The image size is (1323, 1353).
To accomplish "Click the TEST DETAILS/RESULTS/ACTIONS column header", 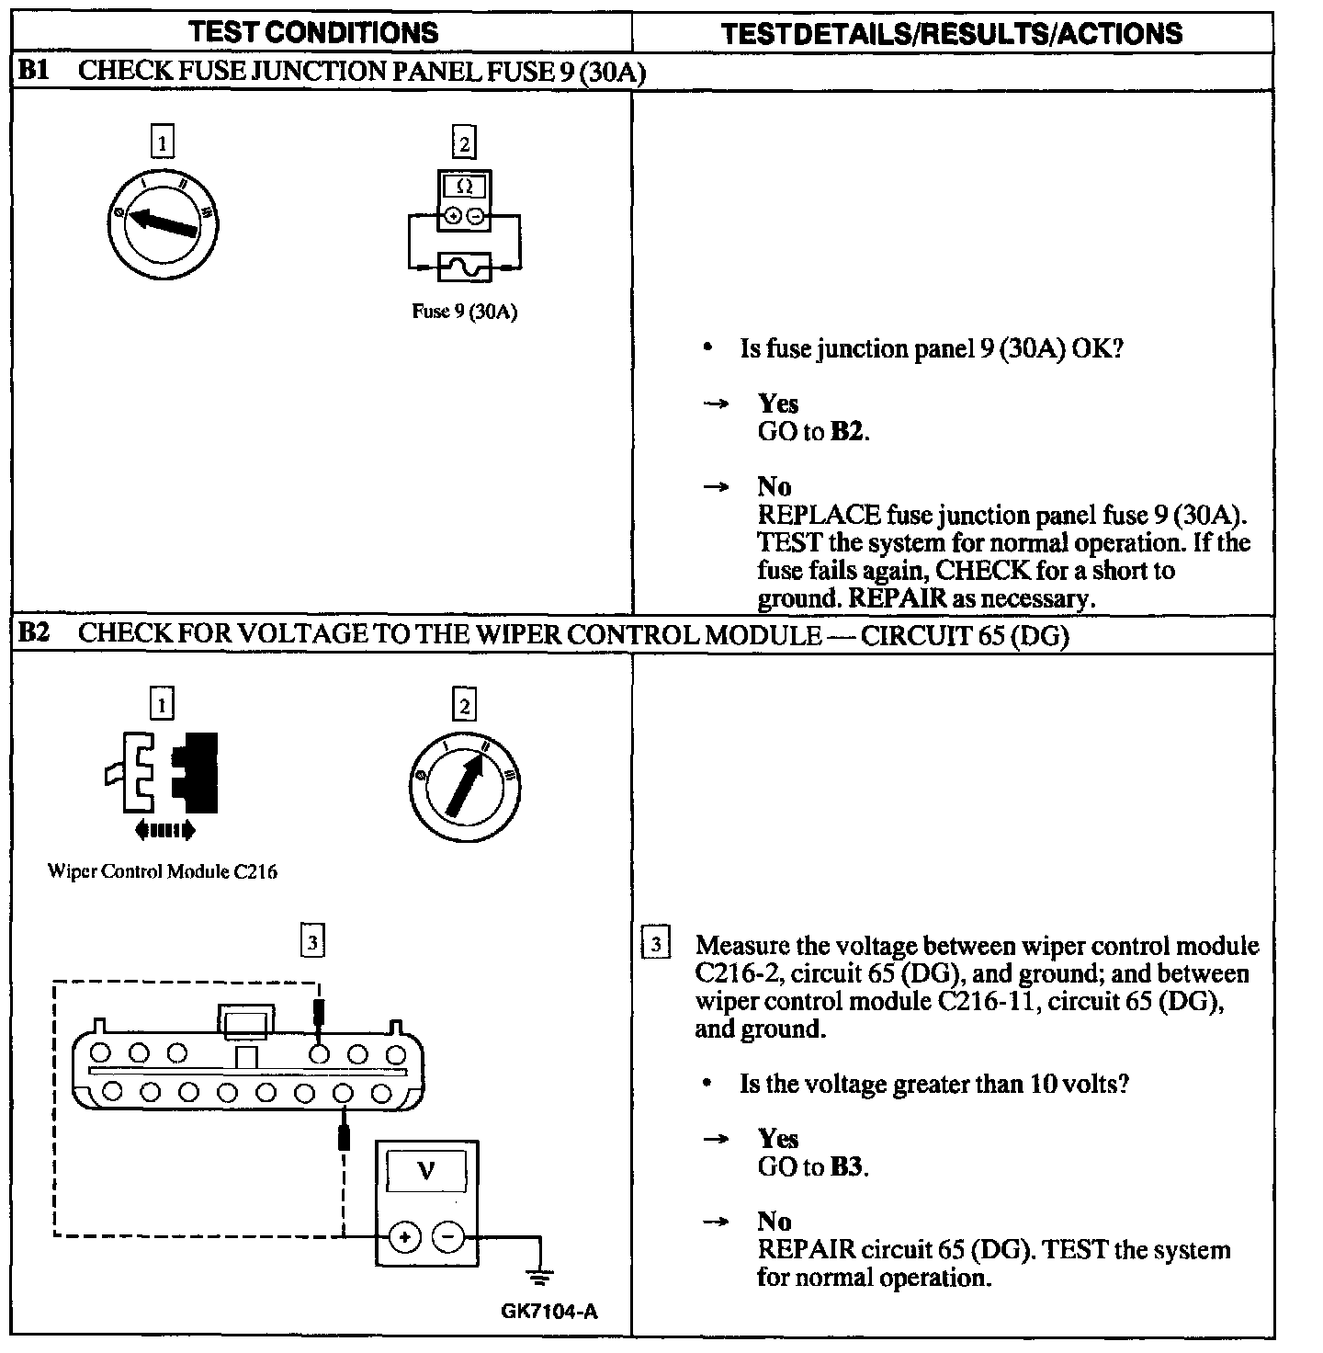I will pyautogui.click(x=952, y=34).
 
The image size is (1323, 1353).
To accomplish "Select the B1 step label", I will pyautogui.click(x=34, y=72).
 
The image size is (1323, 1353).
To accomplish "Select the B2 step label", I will pyautogui.click(x=34, y=633).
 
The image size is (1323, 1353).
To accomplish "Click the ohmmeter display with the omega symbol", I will pyautogui.click(x=465, y=187).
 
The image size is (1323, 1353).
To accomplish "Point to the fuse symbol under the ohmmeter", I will pyautogui.click(x=465, y=267).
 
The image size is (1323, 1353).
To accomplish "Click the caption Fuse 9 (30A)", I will pyautogui.click(x=465, y=312).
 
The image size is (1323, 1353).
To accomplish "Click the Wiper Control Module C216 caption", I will pyautogui.click(x=163, y=871).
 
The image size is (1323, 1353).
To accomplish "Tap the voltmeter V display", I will pyautogui.click(x=426, y=1171).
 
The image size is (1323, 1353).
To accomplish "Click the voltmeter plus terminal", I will pyautogui.click(x=402, y=1237).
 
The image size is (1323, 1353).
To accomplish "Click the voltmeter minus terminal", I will pyautogui.click(x=448, y=1237).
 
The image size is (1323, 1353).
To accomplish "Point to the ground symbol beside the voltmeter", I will pyautogui.click(x=540, y=1276).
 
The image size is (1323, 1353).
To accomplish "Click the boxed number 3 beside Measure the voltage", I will pyautogui.click(x=656, y=945).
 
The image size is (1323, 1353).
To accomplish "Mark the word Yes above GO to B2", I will pyautogui.click(x=778, y=404).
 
